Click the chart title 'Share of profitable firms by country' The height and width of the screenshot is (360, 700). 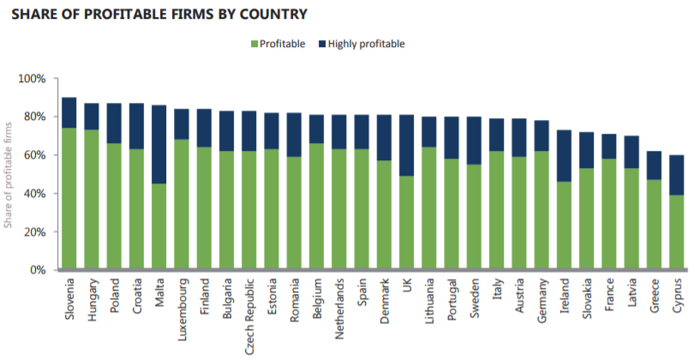(159, 15)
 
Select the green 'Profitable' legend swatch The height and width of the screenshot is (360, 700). (254, 44)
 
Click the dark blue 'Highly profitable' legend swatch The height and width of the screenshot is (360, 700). (323, 44)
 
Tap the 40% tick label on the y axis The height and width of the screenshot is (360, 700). (33, 194)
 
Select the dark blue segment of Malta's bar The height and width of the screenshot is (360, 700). (159, 144)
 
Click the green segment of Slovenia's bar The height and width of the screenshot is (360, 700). (69, 199)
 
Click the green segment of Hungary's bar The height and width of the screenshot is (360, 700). (92, 200)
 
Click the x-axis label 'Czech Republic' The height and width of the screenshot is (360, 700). (248, 309)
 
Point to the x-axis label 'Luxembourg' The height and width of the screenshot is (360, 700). (182, 305)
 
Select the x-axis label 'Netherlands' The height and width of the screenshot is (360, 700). (338, 306)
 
